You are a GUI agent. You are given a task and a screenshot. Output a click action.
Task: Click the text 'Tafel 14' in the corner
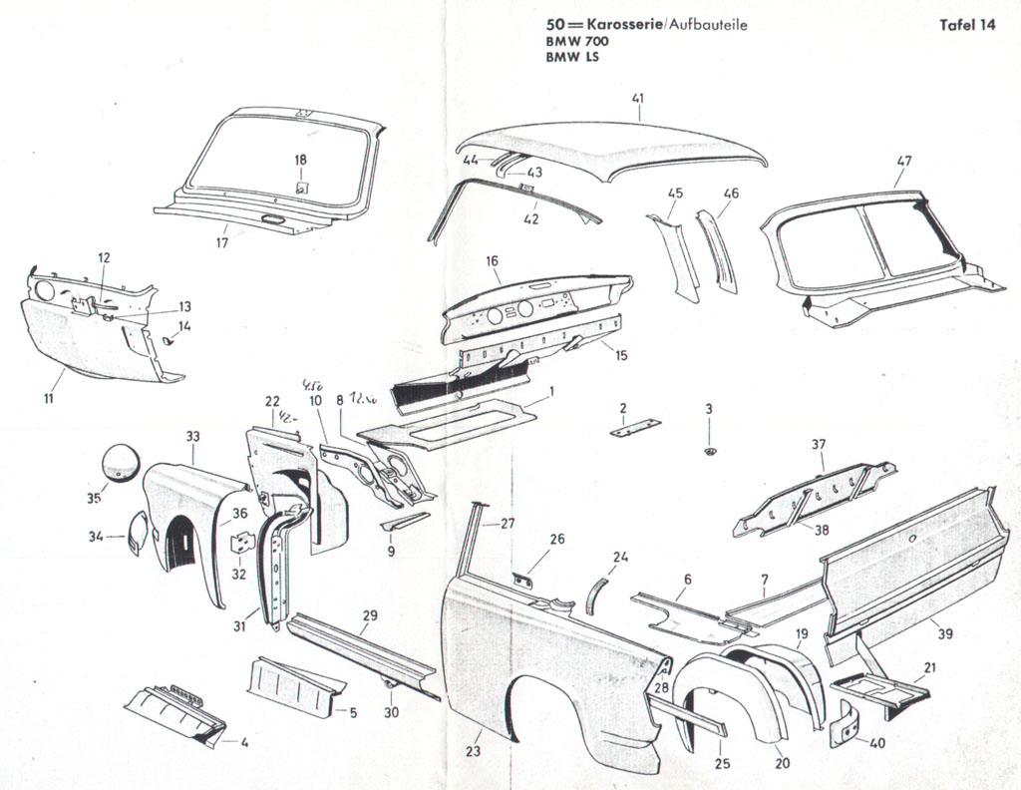[x=967, y=27]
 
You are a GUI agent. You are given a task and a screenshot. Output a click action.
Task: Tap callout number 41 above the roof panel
[x=638, y=98]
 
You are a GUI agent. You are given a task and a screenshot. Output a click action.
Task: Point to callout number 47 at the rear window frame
[x=903, y=161]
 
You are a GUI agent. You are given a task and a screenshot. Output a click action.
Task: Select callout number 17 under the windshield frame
[x=221, y=241]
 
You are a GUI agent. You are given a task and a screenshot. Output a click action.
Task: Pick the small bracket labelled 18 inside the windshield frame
[x=300, y=186]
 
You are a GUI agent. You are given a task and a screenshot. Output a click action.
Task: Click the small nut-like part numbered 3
[x=709, y=452]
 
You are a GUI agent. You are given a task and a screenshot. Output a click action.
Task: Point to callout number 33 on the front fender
[x=192, y=436]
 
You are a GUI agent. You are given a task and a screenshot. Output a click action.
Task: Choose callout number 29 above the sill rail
[x=370, y=615]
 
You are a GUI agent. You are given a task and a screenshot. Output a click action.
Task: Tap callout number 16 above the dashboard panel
[x=492, y=261]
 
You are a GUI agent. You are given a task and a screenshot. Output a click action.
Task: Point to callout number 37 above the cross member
[x=819, y=444]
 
